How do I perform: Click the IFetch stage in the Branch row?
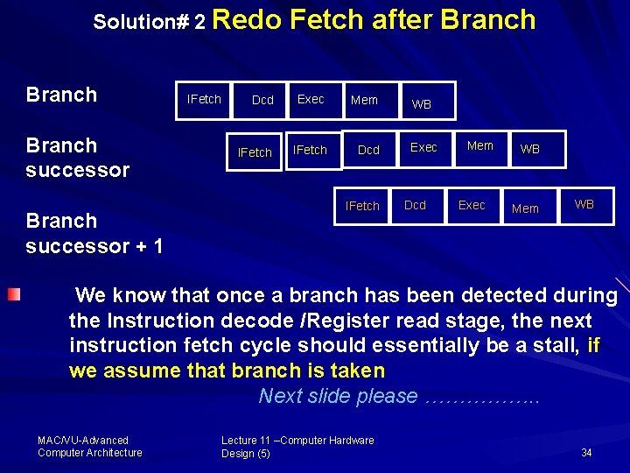[205, 99]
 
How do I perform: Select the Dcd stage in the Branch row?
[262, 100]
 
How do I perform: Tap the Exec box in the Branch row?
[311, 99]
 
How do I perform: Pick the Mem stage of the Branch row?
[364, 100]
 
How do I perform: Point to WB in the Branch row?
[422, 104]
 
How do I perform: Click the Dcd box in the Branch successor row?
[369, 150]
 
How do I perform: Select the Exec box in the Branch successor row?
[424, 147]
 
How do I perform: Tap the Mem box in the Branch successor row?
[480, 146]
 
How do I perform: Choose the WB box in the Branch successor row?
[530, 149]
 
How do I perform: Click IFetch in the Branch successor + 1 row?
[362, 206]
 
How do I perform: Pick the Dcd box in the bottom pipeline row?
[416, 205]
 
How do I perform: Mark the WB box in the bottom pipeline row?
[584, 204]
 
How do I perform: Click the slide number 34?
[586, 453]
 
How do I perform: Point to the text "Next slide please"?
[338, 396]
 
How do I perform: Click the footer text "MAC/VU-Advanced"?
[83, 441]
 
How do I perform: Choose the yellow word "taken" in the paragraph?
[355, 371]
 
